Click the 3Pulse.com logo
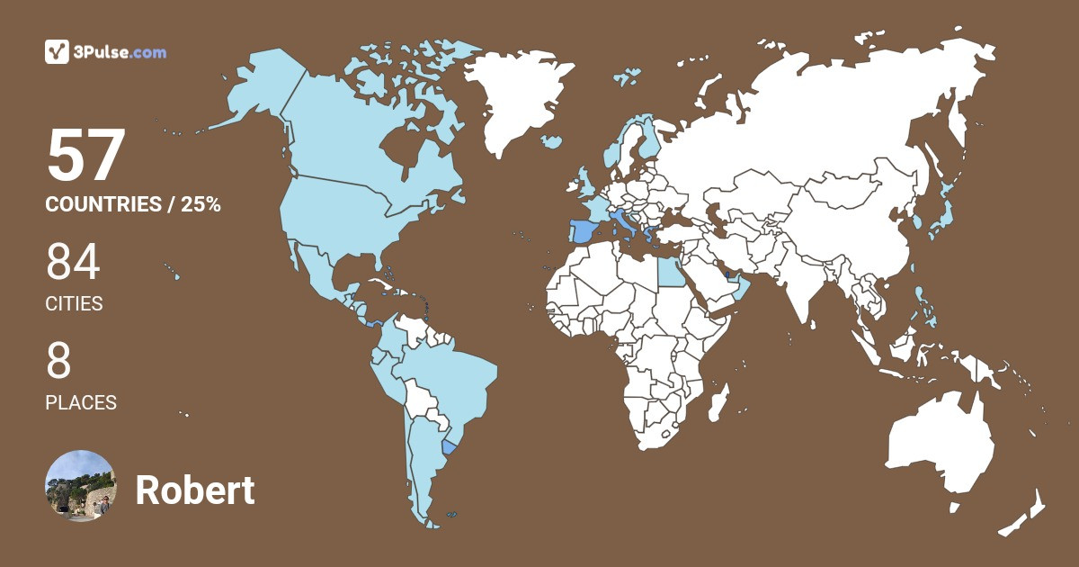point(105,52)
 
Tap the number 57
point(85,157)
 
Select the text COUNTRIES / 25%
point(133,204)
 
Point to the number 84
point(73,263)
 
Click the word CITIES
point(74,304)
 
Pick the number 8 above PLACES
point(58,362)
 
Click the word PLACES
point(81,403)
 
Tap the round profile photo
point(81,486)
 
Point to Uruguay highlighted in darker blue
point(450,448)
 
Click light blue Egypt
point(670,270)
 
